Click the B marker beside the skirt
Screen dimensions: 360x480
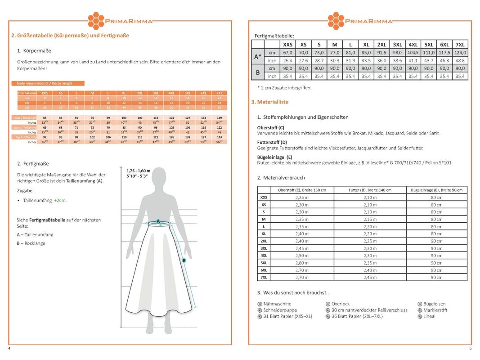tap(184, 260)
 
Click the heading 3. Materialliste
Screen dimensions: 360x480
tap(270, 102)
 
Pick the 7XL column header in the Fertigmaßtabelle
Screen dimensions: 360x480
tap(460, 44)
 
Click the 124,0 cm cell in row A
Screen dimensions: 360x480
tap(460, 53)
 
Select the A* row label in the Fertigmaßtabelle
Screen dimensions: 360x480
tap(257, 57)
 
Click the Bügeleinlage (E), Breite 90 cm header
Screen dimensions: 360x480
tap(436, 190)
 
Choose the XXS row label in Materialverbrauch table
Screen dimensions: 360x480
tap(264, 197)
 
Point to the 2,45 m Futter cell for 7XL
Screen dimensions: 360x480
tap(370, 277)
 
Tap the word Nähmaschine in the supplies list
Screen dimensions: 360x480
tap(277, 304)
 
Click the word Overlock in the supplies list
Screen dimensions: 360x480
tap(341, 304)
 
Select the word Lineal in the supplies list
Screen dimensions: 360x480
tap(429, 316)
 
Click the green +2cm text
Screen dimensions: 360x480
tap(60, 200)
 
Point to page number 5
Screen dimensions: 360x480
tap(470, 349)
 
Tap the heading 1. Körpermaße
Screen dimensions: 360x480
tap(34, 51)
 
